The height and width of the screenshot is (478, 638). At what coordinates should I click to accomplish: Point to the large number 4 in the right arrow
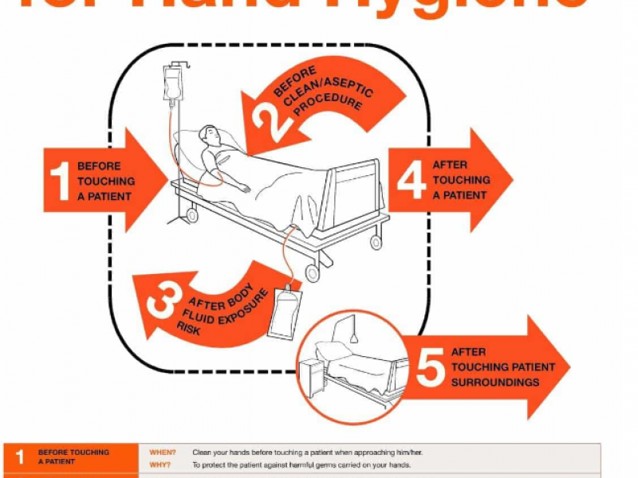coord(411,180)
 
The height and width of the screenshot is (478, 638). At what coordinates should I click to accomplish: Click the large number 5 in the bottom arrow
coord(431,366)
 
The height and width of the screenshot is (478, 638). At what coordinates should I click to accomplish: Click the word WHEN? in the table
coord(163,453)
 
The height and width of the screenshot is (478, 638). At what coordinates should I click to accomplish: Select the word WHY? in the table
coord(162,464)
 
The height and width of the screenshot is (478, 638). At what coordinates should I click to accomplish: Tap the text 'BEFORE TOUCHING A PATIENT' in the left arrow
coord(105,181)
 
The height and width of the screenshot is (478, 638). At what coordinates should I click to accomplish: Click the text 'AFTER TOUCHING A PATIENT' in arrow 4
coord(461,180)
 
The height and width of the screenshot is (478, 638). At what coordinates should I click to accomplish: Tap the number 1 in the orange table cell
coord(20,457)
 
